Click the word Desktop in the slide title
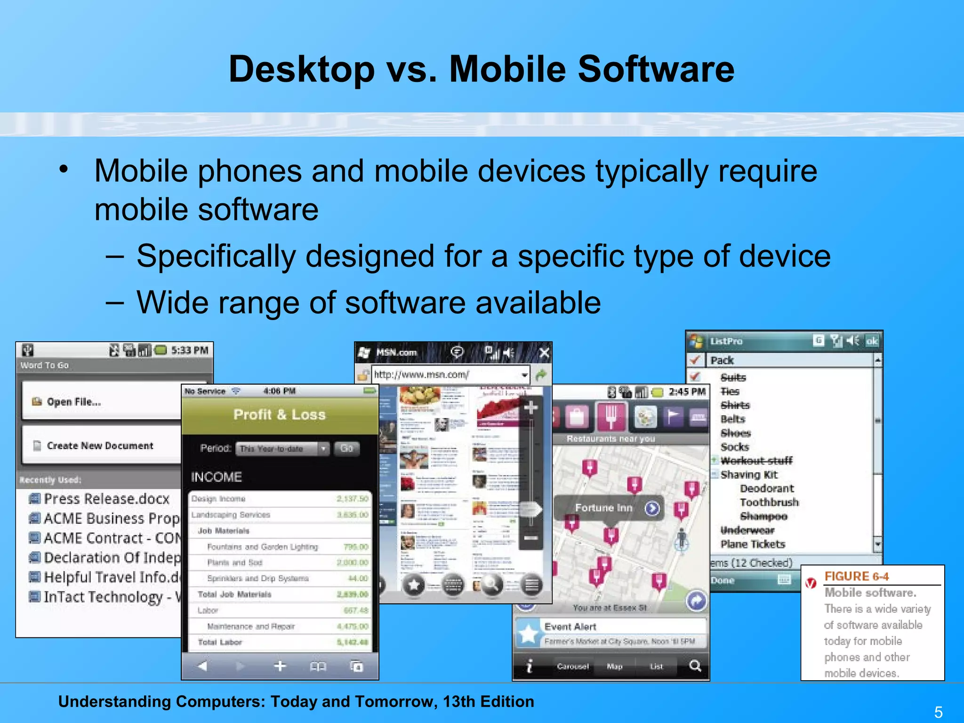pyautogui.click(x=301, y=69)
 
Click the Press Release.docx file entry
pyautogui.click(x=106, y=498)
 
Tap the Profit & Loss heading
pyautogui.click(x=279, y=415)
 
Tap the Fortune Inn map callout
pyautogui.click(x=604, y=508)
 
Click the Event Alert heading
pyautogui.click(x=570, y=627)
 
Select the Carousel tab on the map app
pyautogui.click(x=573, y=666)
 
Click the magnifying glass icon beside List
pyautogui.click(x=695, y=666)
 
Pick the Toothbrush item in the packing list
pyautogui.click(x=769, y=502)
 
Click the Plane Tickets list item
pyautogui.click(x=753, y=544)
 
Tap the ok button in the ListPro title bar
pyautogui.click(x=872, y=341)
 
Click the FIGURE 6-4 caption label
pyautogui.click(x=856, y=577)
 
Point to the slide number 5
pyautogui.click(x=938, y=712)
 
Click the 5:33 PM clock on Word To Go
pyautogui.click(x=189, y=350)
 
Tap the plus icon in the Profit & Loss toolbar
pyautogui.click(x=280, y=666)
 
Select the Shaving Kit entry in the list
pyautogui.click(x=749, y=474)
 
